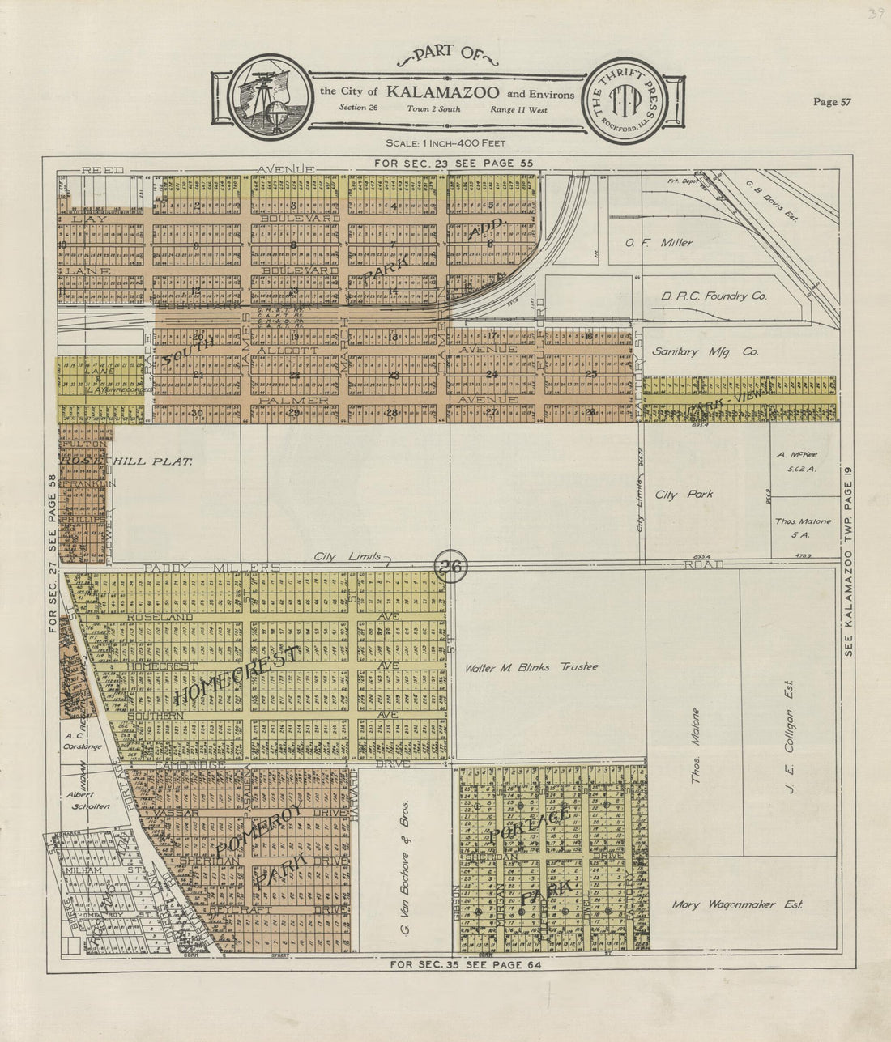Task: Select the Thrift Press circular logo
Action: click(x=625, y=101)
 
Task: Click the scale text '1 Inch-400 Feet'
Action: click(x=446, y=143)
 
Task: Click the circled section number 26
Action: click(x=452, y=566)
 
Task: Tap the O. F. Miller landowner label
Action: click(x=659, y=242)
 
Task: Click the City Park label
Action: click(x=684, y=494)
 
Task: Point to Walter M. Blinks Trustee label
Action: click(x=531, y=667)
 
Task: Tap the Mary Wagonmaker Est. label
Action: click(x=737, y=905)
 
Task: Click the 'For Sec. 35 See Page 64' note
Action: click(x=464, y=964)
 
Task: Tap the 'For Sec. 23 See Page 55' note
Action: click(x=454, y=163)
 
